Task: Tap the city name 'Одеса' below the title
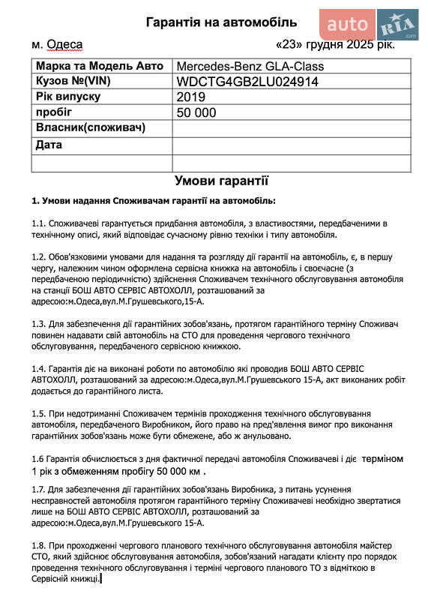[x=64, y=46]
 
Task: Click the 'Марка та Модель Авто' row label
[x=94, y=66]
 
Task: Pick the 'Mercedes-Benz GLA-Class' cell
[x=250, y=67]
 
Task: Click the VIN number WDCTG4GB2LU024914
[x=247, y=82]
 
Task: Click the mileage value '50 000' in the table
[x=196, y=112]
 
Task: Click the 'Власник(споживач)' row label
[x=90, y=127]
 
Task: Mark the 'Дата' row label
[x=49, y=145]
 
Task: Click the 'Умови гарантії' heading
[x=221, y=181]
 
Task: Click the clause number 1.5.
[x=39, y=413]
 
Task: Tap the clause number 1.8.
[x=39, y=544]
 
